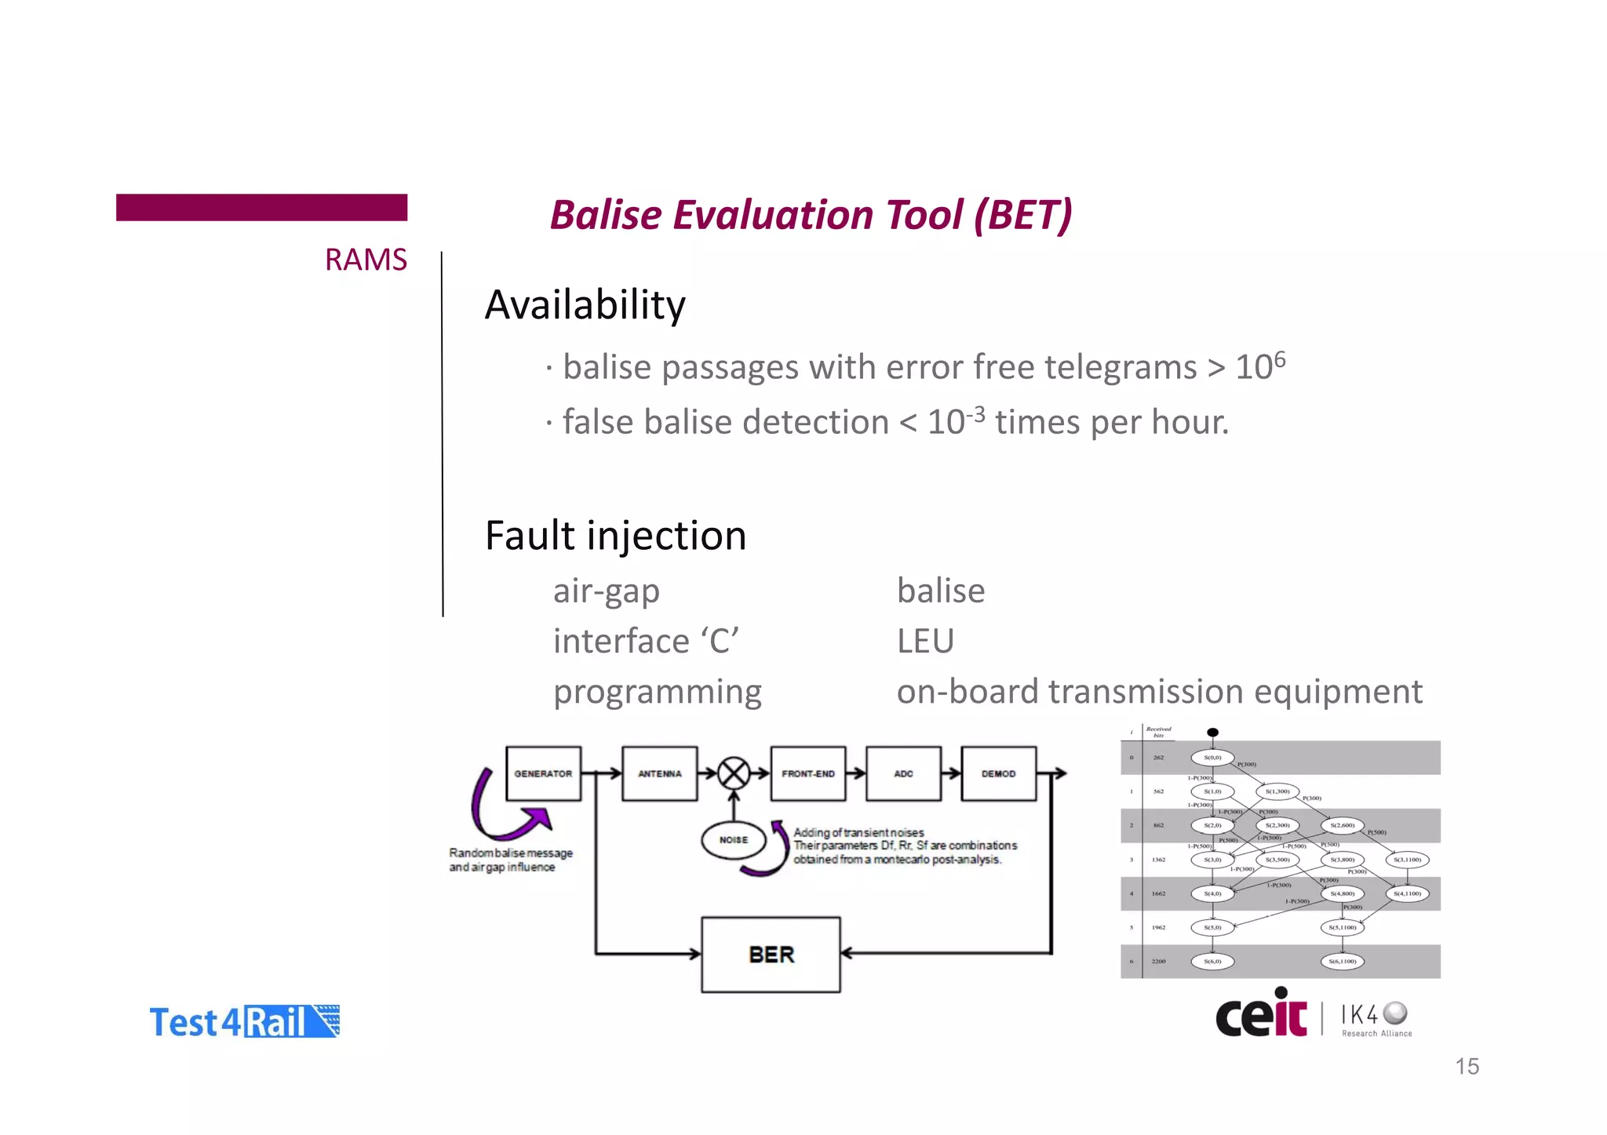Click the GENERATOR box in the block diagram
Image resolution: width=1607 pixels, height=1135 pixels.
[x=543, y=773]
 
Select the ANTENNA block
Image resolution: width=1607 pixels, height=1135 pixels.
[x=659, y=773]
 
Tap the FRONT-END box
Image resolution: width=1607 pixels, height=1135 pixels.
[x=807, y=773]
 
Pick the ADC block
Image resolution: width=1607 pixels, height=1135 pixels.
[x=903, y=773]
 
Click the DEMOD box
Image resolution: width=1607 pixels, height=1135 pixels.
[x=998, y=773]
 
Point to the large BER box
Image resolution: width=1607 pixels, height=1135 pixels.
[x=771, y=955]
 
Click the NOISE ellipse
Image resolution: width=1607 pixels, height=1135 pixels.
[x=733, y=840]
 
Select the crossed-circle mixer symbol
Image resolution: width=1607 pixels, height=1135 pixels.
[x=734, y=773]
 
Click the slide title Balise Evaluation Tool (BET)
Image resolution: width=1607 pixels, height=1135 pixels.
[x=810, y=215]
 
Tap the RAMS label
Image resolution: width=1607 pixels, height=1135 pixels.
[x=366, y=260]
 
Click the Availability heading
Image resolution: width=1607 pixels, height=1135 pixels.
[x=585, y=304]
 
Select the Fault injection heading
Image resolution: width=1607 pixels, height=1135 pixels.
[x=615, y=536]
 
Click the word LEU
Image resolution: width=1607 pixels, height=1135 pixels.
[x=925, y=641]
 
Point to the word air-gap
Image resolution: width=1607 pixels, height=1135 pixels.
[x=606, y=591]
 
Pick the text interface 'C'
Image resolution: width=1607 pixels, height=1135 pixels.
[x=645, y=641]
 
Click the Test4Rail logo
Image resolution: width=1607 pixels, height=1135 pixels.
[x=244, y=1022]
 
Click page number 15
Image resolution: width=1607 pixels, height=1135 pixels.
[x=1467, y=1067]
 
